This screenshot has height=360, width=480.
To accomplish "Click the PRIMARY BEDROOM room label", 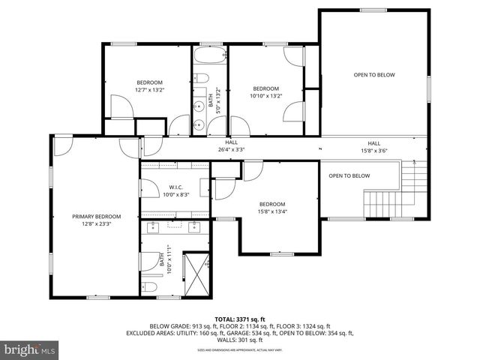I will coord(96,216).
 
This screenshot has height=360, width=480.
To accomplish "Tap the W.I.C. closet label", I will coord(176,187).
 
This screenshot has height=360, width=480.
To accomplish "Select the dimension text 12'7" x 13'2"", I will coord(149,90).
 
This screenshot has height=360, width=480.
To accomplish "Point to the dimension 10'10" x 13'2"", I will coord(265,95).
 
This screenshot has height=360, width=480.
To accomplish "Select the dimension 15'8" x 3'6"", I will coord(373,151).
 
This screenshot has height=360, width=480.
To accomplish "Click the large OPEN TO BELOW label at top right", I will coord(373,74).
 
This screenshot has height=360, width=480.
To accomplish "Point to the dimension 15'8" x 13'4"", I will coord(272,211).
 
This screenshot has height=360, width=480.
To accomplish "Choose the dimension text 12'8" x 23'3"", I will coord(96,223).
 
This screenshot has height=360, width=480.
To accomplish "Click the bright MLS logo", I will coord(30,349).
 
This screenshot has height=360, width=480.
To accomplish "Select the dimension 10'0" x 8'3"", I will coord(176,194).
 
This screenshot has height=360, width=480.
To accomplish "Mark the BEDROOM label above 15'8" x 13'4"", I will coord(272,204).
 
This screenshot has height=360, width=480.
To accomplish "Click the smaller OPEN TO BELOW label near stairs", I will coord(349,175).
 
